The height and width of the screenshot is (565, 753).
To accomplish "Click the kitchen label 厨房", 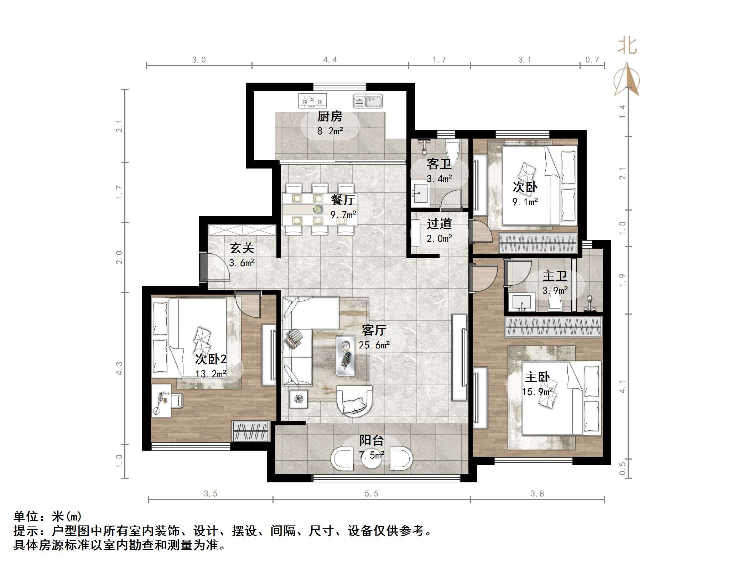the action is (330, 116).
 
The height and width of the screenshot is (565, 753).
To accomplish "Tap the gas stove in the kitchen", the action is (312, 101).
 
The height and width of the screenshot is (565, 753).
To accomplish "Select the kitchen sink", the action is (368, 101).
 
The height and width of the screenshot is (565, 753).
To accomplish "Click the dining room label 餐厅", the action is (343, 199).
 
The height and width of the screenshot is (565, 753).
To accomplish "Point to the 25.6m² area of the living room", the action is (374, 345).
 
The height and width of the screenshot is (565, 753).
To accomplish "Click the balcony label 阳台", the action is (371, 440).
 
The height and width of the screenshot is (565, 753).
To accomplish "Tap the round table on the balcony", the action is (372, 458).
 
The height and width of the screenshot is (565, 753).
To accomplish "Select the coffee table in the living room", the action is (346, 356).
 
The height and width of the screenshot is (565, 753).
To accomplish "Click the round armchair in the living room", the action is (354, 401).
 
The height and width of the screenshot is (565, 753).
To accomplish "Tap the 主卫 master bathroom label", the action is (555, 276).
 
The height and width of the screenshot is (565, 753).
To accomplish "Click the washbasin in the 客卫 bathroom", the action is (420, 194).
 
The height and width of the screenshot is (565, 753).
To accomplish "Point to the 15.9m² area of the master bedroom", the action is (538, 392).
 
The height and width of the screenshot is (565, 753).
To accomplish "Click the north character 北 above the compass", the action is (627, 46).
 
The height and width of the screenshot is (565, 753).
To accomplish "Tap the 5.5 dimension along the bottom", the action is (371, 493).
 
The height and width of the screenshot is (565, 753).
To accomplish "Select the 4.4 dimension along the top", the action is (330, 59).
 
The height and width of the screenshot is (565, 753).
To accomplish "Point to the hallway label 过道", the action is (439, 223).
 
